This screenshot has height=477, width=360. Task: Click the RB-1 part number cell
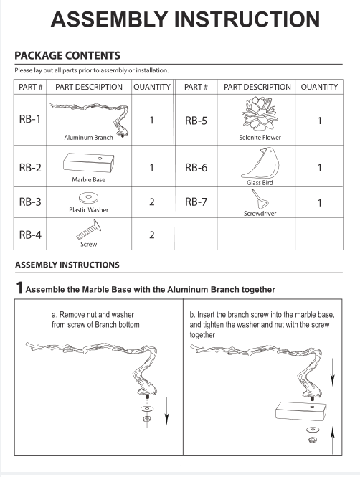click(30, 119)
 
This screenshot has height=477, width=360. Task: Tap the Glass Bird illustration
click(260, 163)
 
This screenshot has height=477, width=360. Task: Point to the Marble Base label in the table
click(88, 180)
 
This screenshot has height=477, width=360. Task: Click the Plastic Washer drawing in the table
click(88, 198)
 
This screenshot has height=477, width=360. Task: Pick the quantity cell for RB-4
click(152, 235)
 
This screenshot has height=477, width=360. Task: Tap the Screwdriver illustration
click(260, 199)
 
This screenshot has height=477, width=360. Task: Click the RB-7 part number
click(196, 202)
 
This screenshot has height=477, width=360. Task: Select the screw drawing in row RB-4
click(89, 230)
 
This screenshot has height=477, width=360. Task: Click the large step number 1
click(19, 288)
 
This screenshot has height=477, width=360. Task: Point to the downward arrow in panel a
click(166, 411)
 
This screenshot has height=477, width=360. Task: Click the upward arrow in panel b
click(333, 440)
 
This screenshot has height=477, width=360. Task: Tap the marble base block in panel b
click(300, 411)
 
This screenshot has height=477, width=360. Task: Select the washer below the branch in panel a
click(147, 408)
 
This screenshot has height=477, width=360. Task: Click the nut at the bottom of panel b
click(312, 440)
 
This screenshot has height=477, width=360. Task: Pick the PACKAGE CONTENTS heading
click(67, 55)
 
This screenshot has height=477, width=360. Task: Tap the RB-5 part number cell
click(196, 121)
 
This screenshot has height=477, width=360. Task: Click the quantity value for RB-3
click(152, 202)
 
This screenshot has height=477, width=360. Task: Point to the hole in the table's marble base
click(100, 159)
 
